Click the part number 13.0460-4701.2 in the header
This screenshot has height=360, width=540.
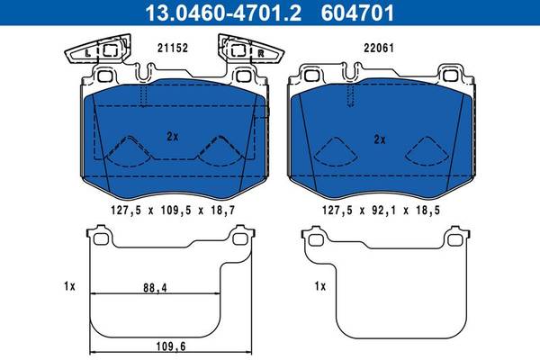(x=223, y=13)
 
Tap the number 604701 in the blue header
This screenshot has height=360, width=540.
(x=357, y=13)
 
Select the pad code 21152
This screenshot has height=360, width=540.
(x=173, y=48)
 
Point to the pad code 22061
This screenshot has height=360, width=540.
(x=379, y=48)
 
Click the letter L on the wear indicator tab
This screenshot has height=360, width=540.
(x=88, y=53)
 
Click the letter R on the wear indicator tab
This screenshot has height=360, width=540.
(x=261, y=53)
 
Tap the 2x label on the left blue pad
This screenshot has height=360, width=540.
(x=173, y=137)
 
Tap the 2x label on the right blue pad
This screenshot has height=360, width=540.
(x=380, y=139)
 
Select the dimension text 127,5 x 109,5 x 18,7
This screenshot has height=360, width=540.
(x=173, y=210)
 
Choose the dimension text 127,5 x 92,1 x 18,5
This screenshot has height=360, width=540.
(x=381, y=210)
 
